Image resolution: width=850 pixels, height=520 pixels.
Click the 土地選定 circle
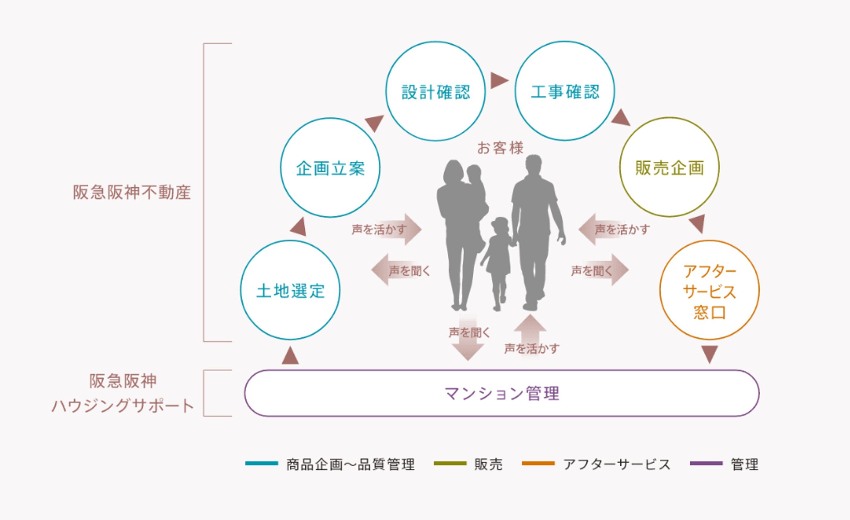click(290, 290)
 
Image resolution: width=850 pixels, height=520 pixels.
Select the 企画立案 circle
click(330, 168)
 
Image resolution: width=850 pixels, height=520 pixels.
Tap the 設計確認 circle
click(435, 91)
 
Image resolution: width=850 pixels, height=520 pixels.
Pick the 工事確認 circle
click(565, 91)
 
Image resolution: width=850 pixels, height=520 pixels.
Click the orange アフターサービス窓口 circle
click(709, 290)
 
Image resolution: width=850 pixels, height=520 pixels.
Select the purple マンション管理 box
click(501, 393)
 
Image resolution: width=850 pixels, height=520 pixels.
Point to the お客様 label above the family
click(500, 148)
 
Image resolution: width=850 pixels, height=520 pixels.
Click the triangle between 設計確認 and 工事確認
click(499, 80)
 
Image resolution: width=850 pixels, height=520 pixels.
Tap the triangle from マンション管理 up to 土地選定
click(290, 356)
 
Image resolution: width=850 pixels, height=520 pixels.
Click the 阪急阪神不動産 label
click(132, 192)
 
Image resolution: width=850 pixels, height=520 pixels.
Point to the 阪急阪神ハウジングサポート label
click(123, 393)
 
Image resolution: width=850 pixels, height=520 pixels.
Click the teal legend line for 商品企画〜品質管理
click(261, 463)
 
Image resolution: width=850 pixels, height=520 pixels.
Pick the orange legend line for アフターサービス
click(538, 463)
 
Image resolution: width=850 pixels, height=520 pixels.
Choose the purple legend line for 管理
click(706, 463)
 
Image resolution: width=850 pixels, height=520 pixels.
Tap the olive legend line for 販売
click(450, 463)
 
